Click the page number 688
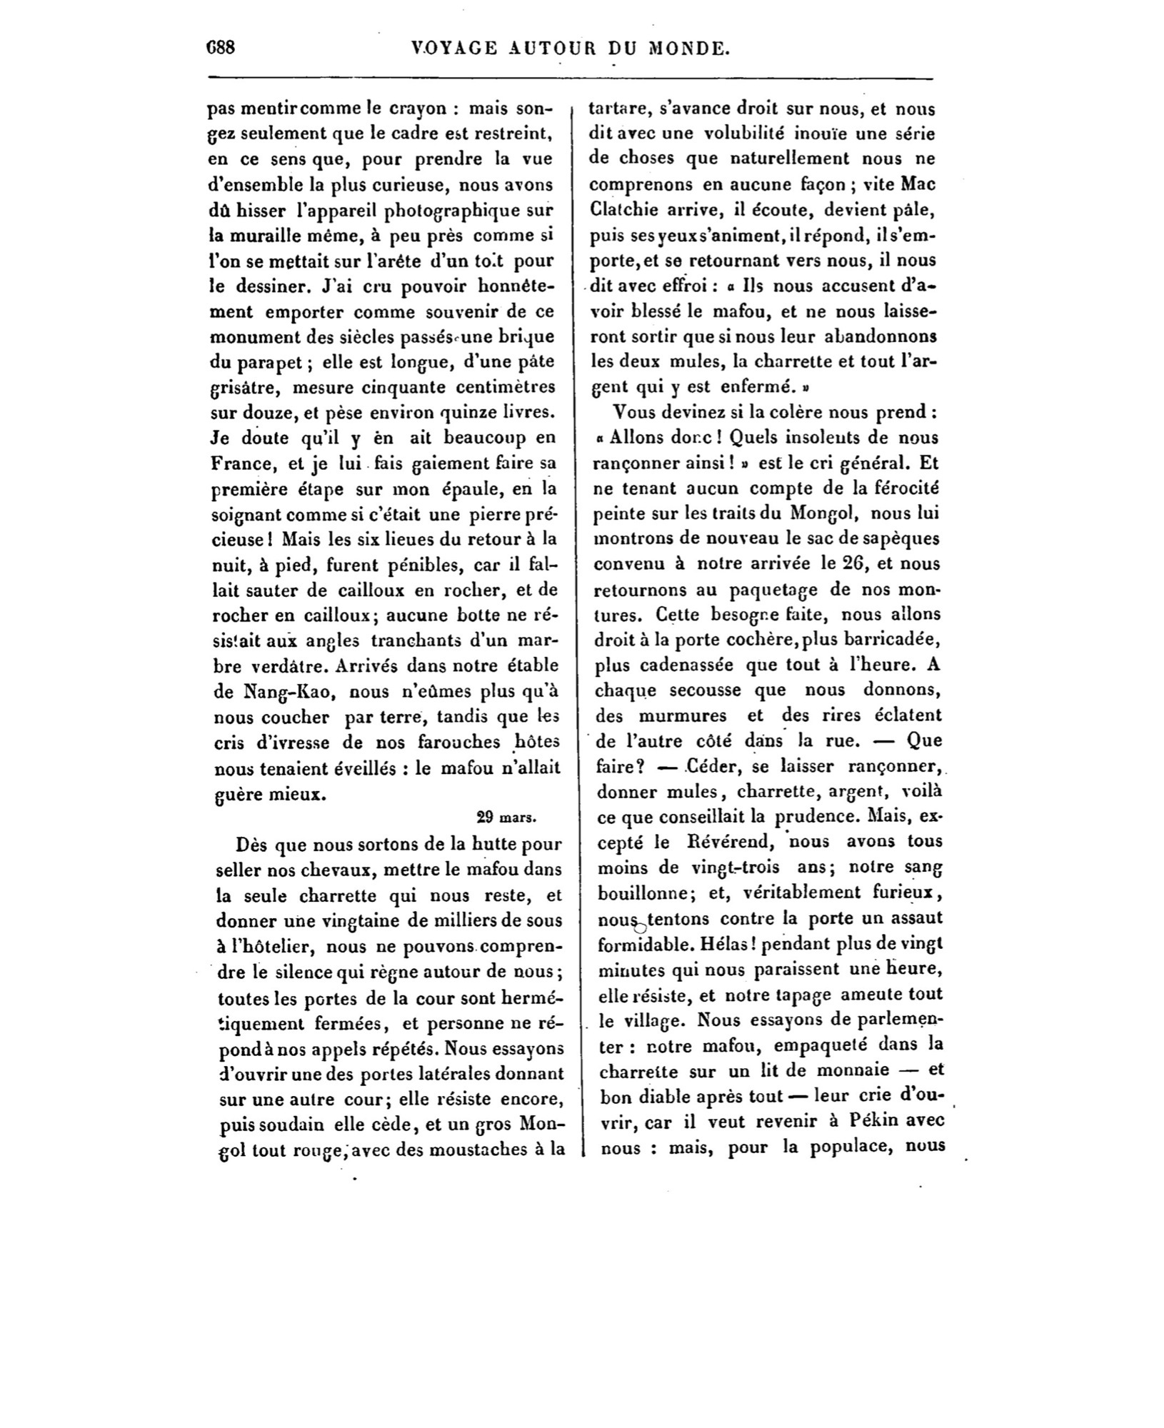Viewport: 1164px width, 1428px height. [x=220, y=48]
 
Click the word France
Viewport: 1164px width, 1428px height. [x=244, y=463]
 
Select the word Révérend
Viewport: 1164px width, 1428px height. [x=723, y=842]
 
